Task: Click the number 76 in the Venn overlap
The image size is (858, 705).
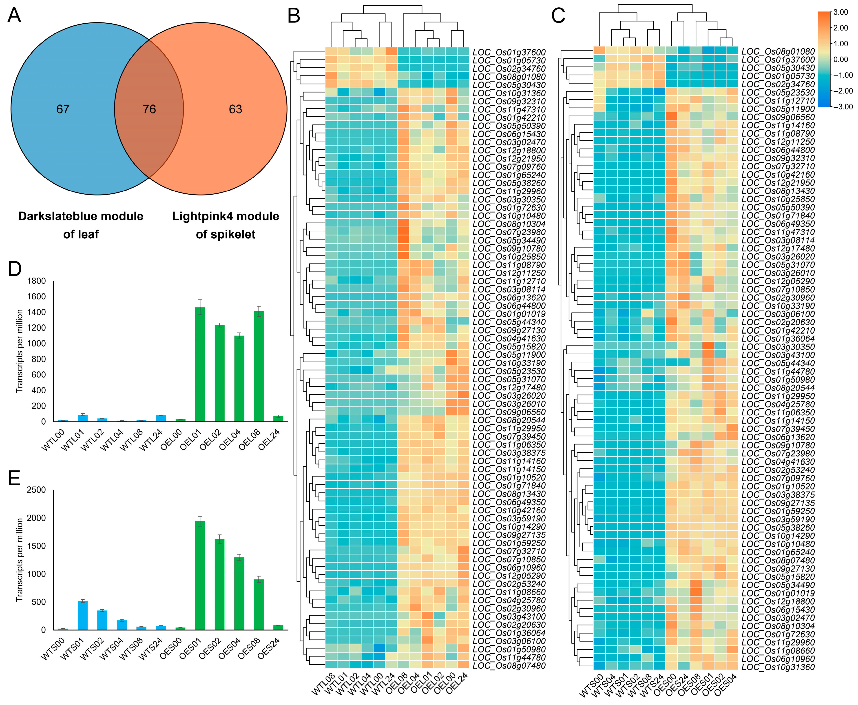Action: click(x=149, y=109)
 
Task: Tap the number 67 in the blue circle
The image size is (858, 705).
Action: click(x=63, y=109)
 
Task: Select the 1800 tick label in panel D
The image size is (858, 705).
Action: click(x=37, y=281)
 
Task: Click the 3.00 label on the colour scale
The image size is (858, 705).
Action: click(x=840, y=12)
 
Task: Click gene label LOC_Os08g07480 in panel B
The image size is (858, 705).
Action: click(x=509, y=666)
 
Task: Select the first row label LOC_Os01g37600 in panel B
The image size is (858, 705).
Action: click(x=509, y=52)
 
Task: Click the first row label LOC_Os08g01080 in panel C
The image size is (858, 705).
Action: click(x=778, y=52)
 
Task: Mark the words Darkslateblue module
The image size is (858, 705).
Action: click(x=81, y=216)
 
